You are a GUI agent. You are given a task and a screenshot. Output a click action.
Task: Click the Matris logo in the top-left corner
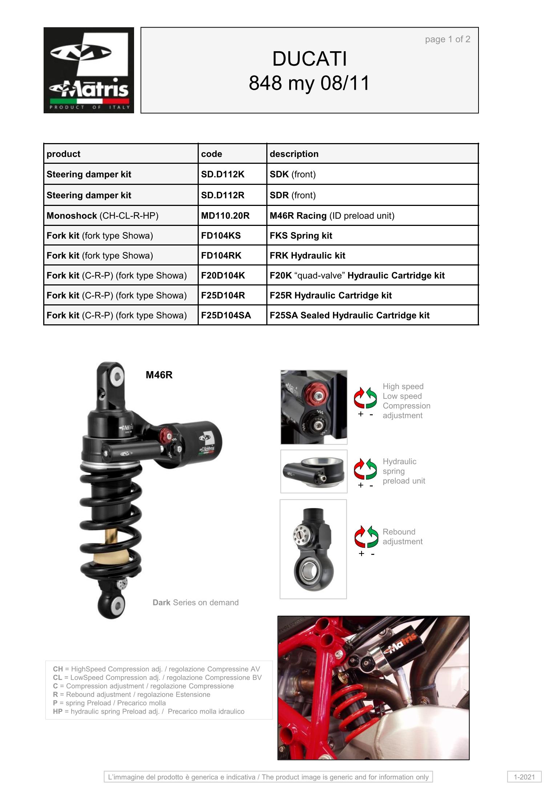coord(89,70)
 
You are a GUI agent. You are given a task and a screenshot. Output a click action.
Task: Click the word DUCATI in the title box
coord(310,59)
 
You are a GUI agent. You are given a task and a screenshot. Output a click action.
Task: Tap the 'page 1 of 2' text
coord(448,39)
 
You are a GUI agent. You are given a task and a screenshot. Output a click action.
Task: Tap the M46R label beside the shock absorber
coord(159,375)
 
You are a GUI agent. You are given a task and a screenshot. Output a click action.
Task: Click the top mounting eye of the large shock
coord(111,378)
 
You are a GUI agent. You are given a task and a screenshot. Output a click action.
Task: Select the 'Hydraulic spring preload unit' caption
coord(404,471)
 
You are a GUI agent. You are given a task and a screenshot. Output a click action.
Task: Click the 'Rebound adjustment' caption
coord(403,536)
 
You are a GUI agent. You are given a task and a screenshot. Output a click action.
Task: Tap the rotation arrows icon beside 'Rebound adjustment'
coord(366,536)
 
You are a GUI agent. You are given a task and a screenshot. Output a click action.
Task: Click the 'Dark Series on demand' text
coord(195,603)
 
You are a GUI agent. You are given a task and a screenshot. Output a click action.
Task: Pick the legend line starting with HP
coord(149,711)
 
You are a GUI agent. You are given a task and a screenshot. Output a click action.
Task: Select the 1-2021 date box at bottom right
coord(524,777)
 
